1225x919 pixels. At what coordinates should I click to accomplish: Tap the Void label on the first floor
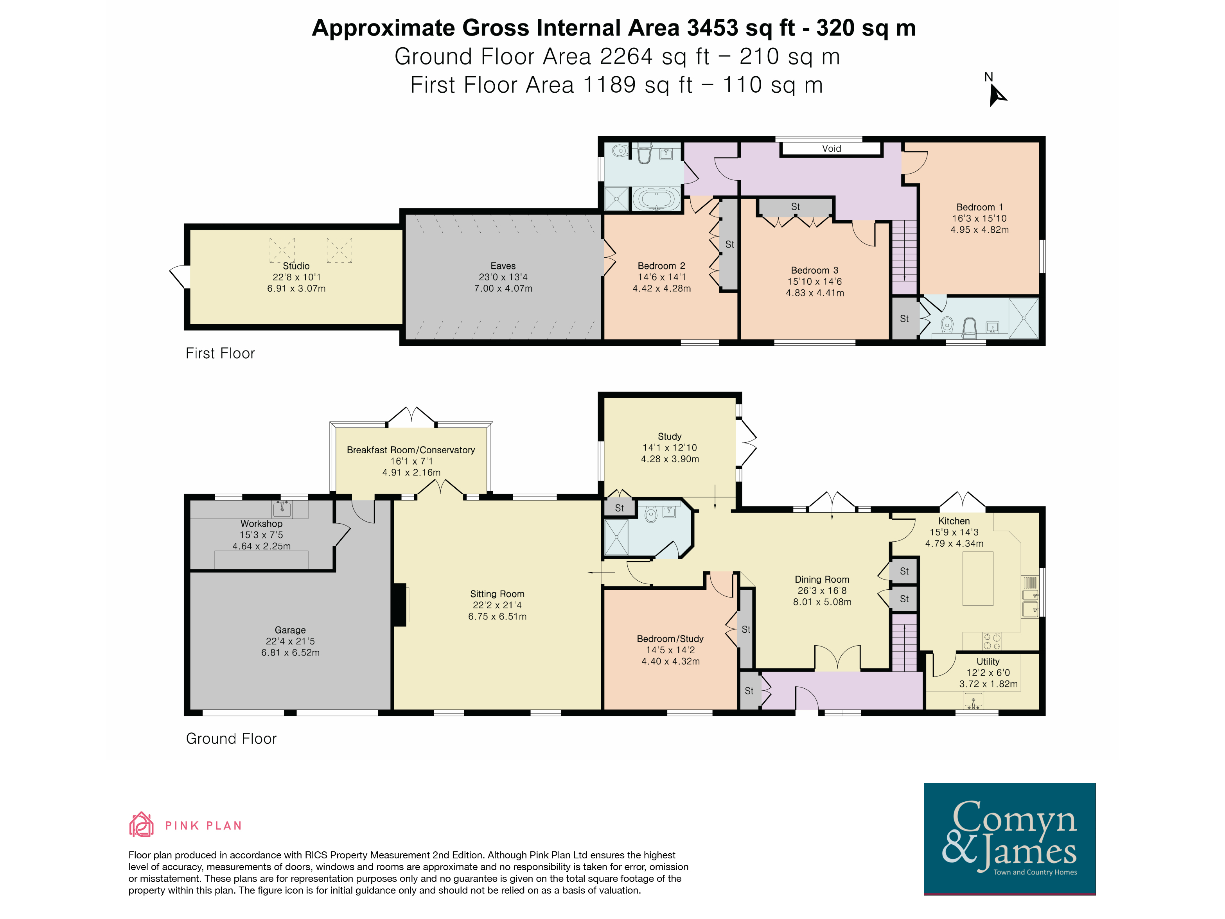tap(831, 148)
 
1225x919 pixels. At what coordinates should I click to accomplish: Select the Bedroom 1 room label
tap(979, 207)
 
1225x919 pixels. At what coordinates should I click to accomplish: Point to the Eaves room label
tap(503, 266)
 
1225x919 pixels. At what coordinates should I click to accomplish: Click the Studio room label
tap(296, 266)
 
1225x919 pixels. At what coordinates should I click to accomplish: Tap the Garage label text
tap(290, 630)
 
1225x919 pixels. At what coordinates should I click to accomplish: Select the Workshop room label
tap(261, 524)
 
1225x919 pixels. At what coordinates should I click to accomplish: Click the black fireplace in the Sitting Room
tap(399, 605)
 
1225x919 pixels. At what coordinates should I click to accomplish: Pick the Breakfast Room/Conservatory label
tap(411, 450)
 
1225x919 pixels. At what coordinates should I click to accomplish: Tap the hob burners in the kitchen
tap(992, 641)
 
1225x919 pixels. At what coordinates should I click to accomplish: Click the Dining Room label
tap(822, 580)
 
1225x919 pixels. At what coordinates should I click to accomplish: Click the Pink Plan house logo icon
tap(141, 825)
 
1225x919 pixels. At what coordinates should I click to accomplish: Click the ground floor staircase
tap(904, 643)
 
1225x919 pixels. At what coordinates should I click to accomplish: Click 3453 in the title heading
tap(712, 28)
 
